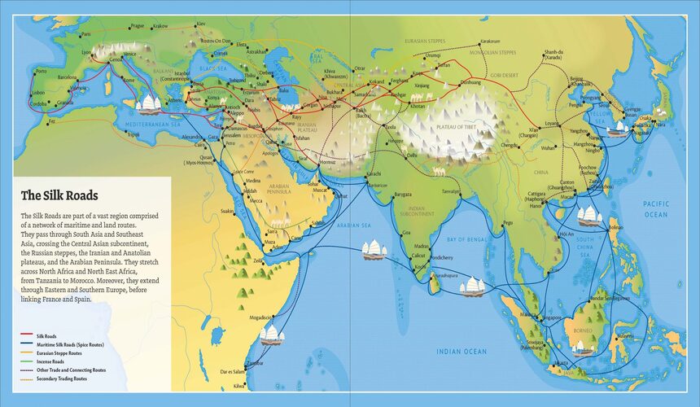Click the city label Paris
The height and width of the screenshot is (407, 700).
pos(86,34)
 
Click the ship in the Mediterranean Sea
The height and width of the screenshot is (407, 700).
pos(150,104)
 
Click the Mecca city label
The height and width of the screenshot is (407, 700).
pos(256,199)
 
